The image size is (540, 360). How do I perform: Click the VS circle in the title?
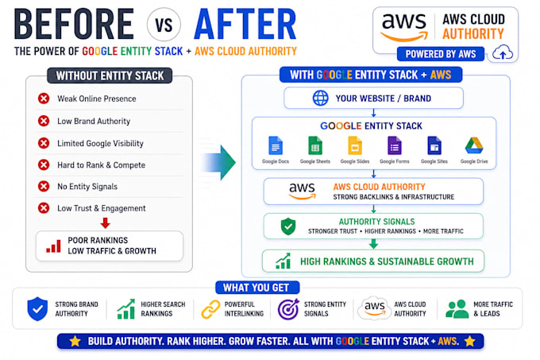coord(164,25)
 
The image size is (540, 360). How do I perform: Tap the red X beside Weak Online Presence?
coord(44,99)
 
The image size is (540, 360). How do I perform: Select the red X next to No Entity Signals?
coord(44,187)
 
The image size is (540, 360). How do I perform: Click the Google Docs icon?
coord(276,145)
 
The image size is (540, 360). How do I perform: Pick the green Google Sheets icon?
coord(315,145)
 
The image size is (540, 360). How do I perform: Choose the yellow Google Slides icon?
coord(355,145)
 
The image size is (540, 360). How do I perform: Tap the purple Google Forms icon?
coord(395,145)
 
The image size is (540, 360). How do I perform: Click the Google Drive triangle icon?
coord(474,145)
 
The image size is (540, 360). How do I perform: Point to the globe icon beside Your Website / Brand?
coord(320,99)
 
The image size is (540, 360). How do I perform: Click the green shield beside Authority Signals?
coord(288,226)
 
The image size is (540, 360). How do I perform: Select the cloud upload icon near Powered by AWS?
coord(503,52)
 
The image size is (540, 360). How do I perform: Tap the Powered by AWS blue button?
coord(441,54)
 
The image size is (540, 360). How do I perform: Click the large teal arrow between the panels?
coord(218,163)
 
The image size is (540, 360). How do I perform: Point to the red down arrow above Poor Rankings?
coord(106,223)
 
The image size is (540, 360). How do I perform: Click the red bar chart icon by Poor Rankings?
coord(53,246)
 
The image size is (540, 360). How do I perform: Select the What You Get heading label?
coord(257,288)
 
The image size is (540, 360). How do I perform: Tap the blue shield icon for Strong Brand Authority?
coord(37,308)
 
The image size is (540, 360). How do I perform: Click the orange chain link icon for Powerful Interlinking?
coord(210,309)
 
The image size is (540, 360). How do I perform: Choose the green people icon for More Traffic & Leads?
coord(457,308)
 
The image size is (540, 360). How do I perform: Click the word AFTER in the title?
coord(245,24)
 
